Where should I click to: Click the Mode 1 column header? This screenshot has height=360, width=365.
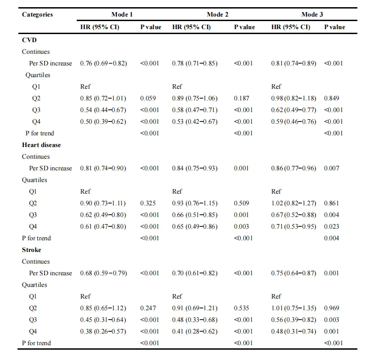122,14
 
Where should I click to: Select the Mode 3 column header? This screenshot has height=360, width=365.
312,14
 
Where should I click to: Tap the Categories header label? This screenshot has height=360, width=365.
37,14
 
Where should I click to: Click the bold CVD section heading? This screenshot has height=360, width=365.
29,40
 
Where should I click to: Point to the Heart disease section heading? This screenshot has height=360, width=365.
41,145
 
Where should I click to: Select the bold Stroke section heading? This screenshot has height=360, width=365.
31,250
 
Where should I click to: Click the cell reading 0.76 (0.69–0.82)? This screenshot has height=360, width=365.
104,63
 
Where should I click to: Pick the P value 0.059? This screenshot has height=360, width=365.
148,98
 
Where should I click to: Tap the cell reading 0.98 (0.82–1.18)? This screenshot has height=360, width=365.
294,98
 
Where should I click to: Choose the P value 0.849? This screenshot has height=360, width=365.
331,98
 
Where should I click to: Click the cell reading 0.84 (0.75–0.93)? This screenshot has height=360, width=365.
195,168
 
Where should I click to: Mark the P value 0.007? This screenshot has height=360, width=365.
331,168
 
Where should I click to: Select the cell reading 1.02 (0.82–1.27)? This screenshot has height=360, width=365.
294,203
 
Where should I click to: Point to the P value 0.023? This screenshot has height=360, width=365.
331,226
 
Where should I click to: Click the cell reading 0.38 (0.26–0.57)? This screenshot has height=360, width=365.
103,331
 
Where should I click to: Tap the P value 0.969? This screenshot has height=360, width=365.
331,308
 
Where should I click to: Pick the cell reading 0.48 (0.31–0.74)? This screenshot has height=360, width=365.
294,331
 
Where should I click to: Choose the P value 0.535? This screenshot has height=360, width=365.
241,308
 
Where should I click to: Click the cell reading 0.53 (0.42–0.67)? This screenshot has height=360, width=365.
195,121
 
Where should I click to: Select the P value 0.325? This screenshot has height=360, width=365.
148,203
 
